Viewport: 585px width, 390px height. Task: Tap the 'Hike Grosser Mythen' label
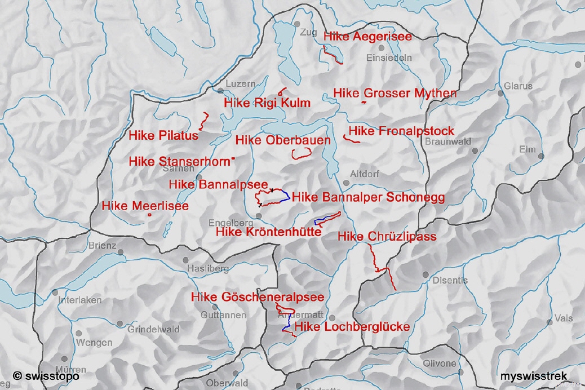pyautogui.click(x=395, y=93)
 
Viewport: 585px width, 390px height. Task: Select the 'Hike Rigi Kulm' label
pyautogui.click(x=267, y=103)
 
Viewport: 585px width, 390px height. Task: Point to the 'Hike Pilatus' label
pyautogui.click(x=163, y=136)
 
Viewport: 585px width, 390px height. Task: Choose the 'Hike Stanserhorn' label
pyautogui.click(x=179, y=162)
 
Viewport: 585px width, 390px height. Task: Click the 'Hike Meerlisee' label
pyautogui.click(x=145, y=206)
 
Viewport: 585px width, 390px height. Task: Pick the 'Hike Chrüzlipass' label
pyautogui.click(x=387, y=237)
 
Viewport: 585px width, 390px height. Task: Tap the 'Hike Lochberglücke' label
pyautogui.click(x=352, y=327)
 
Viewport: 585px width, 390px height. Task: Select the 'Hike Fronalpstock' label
pyautogui.click(x=401, y=131)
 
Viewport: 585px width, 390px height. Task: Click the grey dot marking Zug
pyautogui.click(x=297, y=24)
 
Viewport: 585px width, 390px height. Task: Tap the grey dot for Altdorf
pyautogui.click(x=346, y=183)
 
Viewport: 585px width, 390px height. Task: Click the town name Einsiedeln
pyautogui.click(x=389, y=57)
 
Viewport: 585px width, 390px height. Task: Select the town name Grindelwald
pyautogui.click(x=153, y=330)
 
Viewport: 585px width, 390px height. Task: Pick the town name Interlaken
pyautogui.click(x=80, y=300)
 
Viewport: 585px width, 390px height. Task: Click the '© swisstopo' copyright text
pyautogui.click(x=46, y=376)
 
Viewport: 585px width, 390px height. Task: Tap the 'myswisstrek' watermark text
pyautogui.click(x=534, y=376)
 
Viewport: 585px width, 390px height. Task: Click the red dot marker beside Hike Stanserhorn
pyautogui.click(x=233, y=159)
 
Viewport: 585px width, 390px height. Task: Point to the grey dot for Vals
pyautogui.click(x=549, y=322)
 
